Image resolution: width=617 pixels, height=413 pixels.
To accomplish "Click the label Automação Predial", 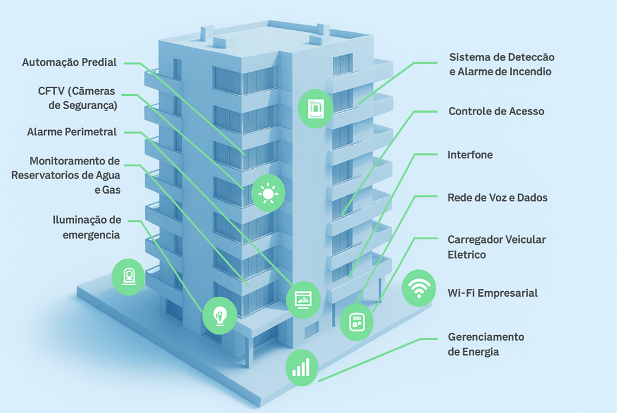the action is tap(69, 62).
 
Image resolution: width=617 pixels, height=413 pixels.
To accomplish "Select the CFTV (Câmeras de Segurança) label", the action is tap(78, 98).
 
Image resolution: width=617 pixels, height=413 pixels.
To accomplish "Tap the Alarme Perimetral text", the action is tap(72, 132).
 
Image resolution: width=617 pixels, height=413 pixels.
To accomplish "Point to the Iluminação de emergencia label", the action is tap(87, 227).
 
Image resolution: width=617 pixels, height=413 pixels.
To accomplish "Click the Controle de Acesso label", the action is tap(496, 112).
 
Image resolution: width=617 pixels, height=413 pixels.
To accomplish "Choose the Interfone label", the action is tap(470, 155).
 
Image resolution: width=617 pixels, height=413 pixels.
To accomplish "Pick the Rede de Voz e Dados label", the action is tap(497, 198).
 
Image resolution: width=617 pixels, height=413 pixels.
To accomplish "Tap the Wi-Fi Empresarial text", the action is tap(492, 293).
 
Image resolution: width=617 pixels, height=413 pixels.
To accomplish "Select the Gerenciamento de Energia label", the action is tap(486, 344).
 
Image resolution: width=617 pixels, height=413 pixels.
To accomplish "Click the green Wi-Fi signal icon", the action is tap(419, 288).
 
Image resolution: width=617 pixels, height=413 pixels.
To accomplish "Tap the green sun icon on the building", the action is tap(267, 194).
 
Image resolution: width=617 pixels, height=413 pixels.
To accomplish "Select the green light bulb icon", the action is tap(220, 315).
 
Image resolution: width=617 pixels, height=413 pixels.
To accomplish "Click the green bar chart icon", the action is tap(301, 366).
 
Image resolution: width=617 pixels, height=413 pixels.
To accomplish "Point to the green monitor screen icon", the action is tap(302, 300).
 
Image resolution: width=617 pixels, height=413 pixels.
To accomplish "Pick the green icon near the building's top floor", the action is tap(315, 109).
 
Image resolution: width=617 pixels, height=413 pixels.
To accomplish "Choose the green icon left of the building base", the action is tap(128, 277).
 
